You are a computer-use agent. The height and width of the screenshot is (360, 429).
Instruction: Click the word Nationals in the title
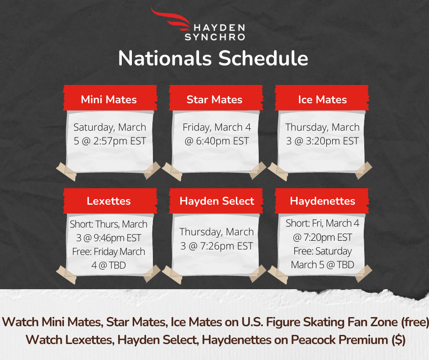(x=165, y=58)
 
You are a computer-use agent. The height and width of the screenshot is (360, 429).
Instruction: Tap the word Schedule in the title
(x=263, y=58)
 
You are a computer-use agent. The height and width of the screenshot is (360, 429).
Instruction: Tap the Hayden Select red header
(x=216, y=201)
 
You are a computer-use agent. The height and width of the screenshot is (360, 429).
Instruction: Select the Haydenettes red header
(x=322, y=201)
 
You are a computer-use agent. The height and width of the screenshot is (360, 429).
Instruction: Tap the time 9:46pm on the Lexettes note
(x=109, y=238)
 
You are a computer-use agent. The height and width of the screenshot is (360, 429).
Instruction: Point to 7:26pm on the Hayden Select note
(x=217, y=246)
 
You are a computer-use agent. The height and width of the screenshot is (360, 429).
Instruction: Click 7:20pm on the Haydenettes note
(x=319, y=238)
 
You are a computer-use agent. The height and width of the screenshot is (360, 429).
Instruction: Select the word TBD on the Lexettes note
(x=117, y=265)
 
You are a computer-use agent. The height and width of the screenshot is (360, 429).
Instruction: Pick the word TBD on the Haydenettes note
(x=345, y=265)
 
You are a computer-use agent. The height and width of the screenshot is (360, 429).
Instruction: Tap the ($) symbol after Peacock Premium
(x=398, y=340)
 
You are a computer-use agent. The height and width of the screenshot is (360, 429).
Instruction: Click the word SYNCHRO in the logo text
(x=215, y=37)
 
